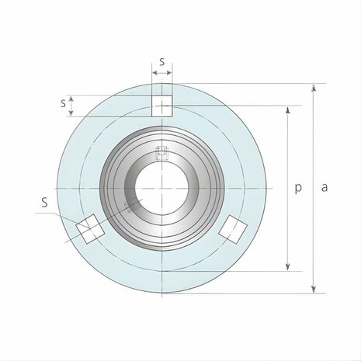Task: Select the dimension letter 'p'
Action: [299, 188]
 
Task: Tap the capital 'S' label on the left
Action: [45, 203]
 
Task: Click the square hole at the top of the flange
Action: [161, 106]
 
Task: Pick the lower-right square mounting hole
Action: [232, 227]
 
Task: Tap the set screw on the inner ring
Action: [161, 152]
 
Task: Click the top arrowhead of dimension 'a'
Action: [314, 88]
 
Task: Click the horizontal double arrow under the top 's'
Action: [161, 74]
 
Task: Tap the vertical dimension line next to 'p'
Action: [289, 155]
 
